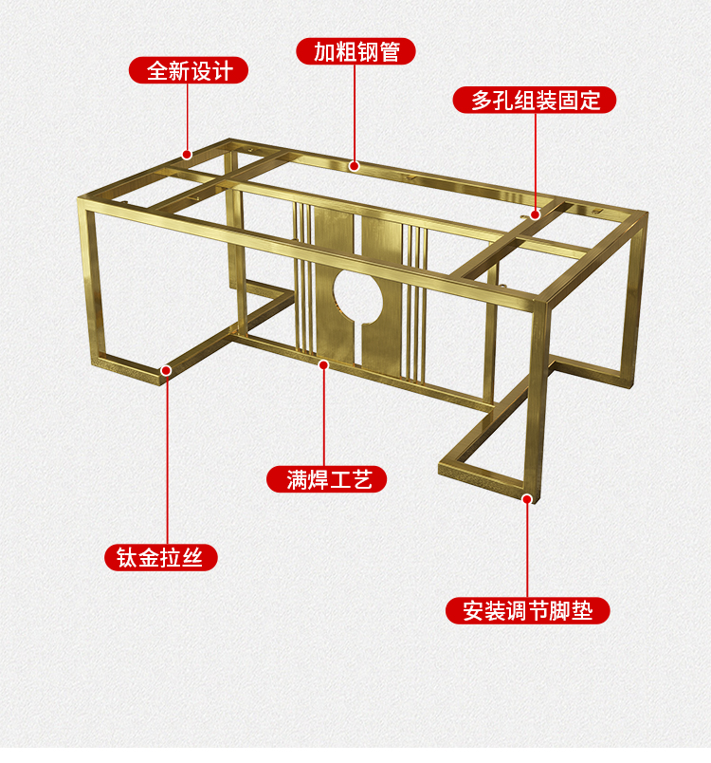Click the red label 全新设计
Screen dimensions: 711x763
(x=189, y=70)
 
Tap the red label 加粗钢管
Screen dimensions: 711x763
(x=355, y=51)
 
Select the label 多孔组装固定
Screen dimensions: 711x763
(x=535, y=101)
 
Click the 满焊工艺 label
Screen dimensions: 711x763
(x=325, y=479)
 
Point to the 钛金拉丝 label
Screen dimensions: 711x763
(x=160, y=557)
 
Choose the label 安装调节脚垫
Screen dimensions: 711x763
(x=528, y=610)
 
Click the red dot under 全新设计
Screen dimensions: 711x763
(x=188, y=153)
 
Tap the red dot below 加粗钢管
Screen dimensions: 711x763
(x=355, y=165)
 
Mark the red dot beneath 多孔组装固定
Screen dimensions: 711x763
(x=536, y=214)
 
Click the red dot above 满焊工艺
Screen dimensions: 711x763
(x=324, y=363)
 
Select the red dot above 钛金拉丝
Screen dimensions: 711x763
(x=167, y=369)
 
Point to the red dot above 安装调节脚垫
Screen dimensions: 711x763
(x=527, y=497)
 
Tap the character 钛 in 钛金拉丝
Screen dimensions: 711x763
(x=127, y=557)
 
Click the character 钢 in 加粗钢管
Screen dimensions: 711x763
(x=366, y=51)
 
